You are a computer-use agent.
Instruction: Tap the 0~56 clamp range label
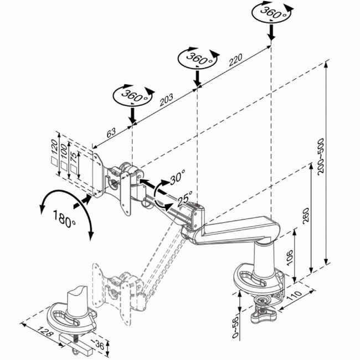(x=235, y=328)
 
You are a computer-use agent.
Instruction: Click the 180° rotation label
(x=65, y=219)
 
